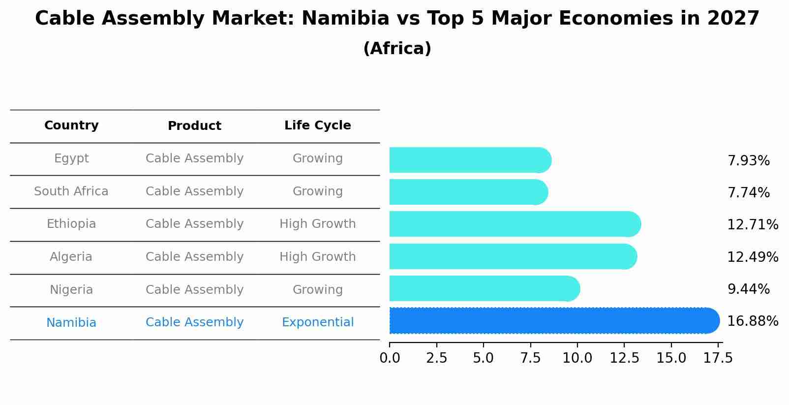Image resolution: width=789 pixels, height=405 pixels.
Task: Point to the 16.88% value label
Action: click(x=752, y=321)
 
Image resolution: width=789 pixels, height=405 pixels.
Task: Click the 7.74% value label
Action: click(x=748, y=192)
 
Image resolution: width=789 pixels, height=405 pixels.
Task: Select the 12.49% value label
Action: click(x=752, y=257)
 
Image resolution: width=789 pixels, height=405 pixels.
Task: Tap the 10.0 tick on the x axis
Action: click(x=577, y=358)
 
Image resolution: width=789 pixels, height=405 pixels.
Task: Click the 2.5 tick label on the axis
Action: click(x=436, y=358)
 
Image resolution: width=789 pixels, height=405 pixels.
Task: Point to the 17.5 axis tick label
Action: click(x=718, y=358)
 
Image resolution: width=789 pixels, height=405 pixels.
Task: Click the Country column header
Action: click(x=71, y=125)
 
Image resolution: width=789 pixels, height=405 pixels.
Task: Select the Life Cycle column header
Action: click(x=317, y=125)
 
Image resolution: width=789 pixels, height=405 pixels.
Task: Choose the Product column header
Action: click(x=194, y=126)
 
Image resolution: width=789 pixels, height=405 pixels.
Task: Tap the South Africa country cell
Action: click(x=71, y=191)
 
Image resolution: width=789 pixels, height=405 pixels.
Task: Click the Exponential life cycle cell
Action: click(x=317, y=322)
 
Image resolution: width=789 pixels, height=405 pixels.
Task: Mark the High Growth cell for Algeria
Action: click(x=317, y=257)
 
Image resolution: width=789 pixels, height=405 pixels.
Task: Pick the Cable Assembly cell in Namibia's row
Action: click(x=194, y=322)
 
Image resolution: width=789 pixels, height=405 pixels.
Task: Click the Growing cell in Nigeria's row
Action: click(x=317, y=290)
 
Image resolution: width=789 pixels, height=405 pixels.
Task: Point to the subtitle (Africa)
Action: click(x=397, y=49)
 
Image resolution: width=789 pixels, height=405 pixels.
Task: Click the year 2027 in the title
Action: click(x=733, y=19)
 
